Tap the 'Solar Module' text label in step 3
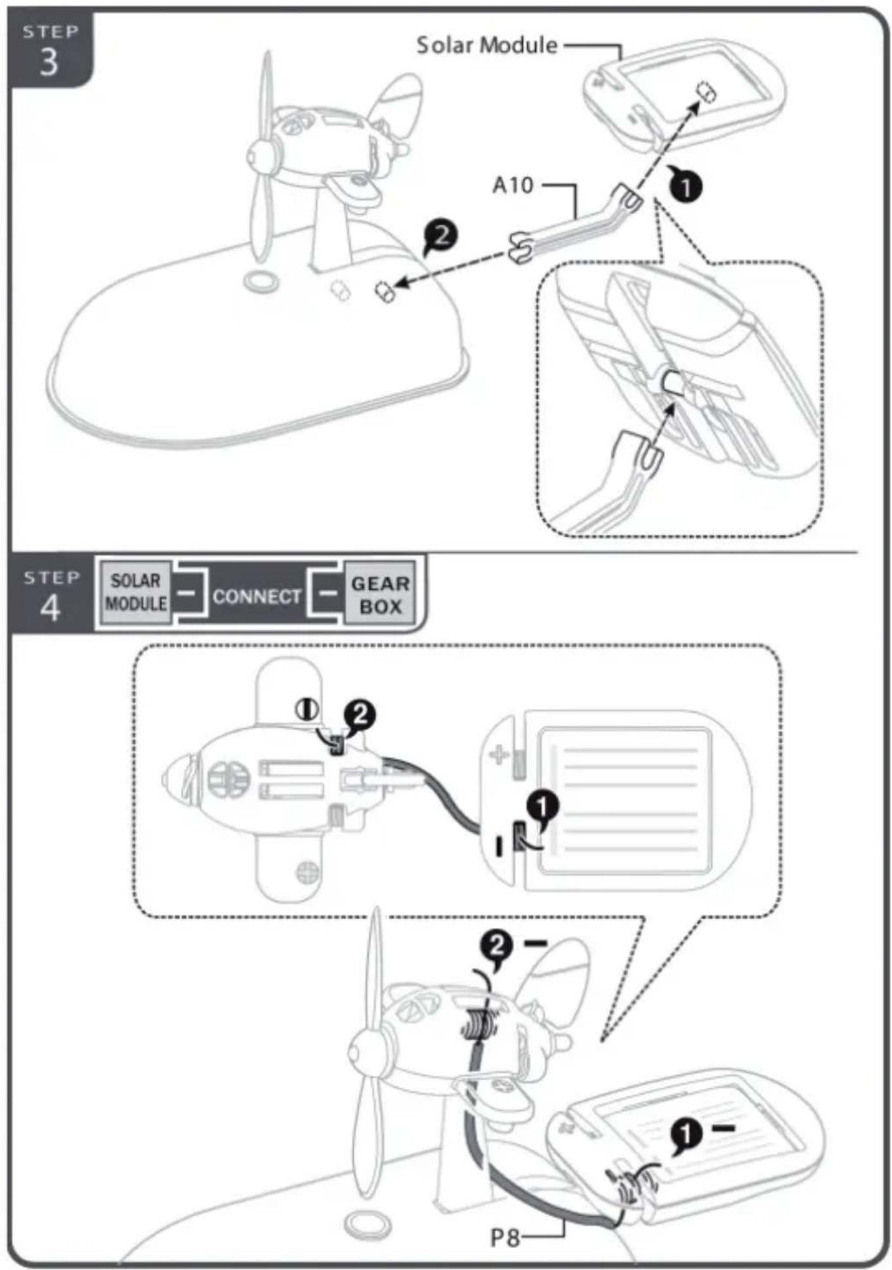(487, 45)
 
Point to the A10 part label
(512, 185)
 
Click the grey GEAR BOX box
(380, 594)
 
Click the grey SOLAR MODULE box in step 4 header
(136, 592)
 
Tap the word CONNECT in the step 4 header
(257, 596)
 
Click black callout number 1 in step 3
(685, 187)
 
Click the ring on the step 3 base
(261, 282)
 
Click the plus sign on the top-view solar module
(499, 755)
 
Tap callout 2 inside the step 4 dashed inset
(359, 716)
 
